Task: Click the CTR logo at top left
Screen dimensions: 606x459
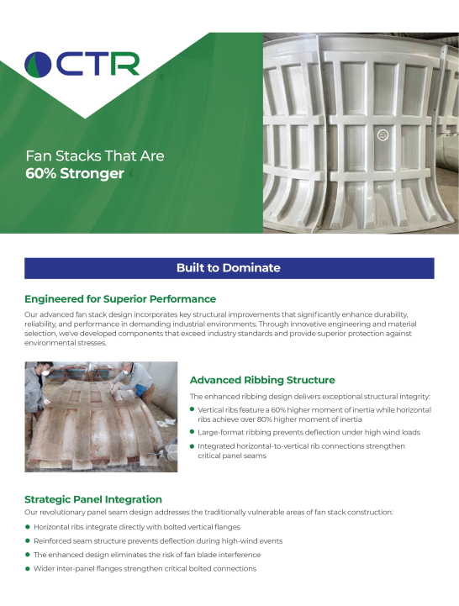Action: pyautogui.click(x=82, y=64)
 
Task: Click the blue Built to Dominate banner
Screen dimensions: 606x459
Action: pyautogui.click(x=229, y=268)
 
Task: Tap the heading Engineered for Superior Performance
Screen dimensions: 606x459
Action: pyautogui.click(x=120, y=298)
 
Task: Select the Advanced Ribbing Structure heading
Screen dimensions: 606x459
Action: pyautogui.click(x=262, y=380)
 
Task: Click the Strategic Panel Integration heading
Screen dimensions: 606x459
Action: pyautogui.click(x=93, y=499)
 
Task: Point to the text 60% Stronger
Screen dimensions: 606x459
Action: pyautogui.click(x=75, y=174)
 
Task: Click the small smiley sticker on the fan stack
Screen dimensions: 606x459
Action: pyautogui.click(x=382, y=134)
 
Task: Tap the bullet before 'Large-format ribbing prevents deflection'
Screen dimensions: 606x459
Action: pyautogui.click(x=193, y=432)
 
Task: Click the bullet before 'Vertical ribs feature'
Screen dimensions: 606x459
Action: pyautogui.click(x=193, y=409)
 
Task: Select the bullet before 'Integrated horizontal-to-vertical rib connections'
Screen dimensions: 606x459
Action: pyautogui.click(x=193, y=446)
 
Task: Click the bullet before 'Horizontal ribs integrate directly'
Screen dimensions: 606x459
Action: pyautogui.click(x=28, y=527)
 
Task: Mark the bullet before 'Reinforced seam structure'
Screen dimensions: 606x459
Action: pyautogui.click(x=28, y=541)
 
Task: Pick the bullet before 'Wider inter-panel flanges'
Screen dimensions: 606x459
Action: pyautogui.click(x=28, y=569)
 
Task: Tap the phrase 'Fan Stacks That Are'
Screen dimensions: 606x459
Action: pyautogui.click(x=94, y=156)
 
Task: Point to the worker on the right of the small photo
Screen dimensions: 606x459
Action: pyautogui.click(x=160, y=382)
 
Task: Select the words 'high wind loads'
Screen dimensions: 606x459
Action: pyautogui.click(x=390, y=432)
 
